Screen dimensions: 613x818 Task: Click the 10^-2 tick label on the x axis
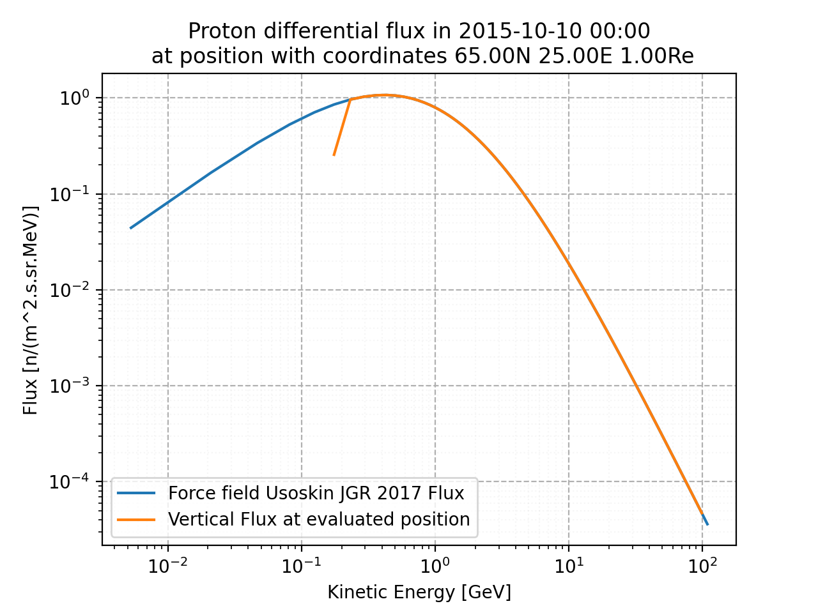click(167, 566)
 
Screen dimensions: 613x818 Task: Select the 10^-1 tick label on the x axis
click(301, 566)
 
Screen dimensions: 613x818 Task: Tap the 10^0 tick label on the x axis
click(435, 566)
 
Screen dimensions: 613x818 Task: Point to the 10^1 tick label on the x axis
click(568, 566)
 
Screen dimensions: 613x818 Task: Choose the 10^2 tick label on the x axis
click(702, 566)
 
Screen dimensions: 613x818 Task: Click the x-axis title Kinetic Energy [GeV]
click(419, 593)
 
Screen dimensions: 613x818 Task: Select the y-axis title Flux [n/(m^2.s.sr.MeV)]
click(31, 310)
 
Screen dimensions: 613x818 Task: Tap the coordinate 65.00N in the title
click(493, 56)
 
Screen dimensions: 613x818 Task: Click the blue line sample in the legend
click(136, 494)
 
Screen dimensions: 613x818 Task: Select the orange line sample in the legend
click(136, 520)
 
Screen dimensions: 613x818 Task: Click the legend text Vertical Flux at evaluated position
click(319, 520)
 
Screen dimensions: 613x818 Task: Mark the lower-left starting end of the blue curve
click(130, 228)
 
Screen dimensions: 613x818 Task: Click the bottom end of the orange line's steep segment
click(334, 155)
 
